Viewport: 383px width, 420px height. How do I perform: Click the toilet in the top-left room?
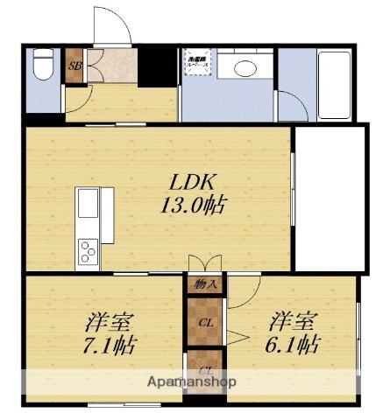(x=42, y=68)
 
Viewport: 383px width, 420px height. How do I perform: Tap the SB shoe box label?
(x=74, y=66)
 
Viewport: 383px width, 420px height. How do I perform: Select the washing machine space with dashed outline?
(x=196, y=63)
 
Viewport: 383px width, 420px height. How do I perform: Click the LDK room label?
(x=192, y=185)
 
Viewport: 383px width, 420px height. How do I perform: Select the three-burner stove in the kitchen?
(x=89, y=251)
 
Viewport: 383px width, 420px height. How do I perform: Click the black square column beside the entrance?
(x=159, y=64)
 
